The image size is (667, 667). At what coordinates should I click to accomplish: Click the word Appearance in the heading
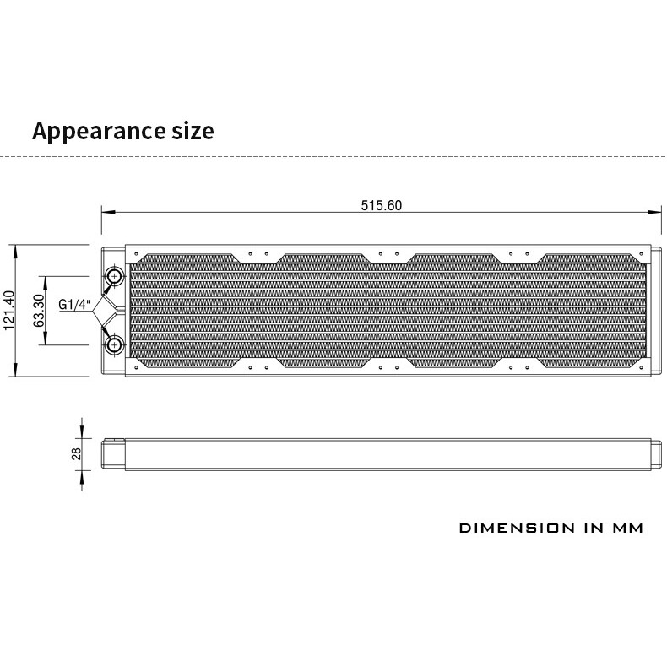pyautogui.click(x=99, y=132)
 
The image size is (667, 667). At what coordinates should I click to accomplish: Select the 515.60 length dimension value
pyautogui.click(x=381, y=205)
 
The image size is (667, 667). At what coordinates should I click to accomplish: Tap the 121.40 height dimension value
pyautogui.click(x=9, y=311)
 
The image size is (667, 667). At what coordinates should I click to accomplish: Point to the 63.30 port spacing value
pyautogui.click(x=39, y=311)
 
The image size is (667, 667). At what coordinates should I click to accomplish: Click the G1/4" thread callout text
pyautogui.click(x=75, y=305)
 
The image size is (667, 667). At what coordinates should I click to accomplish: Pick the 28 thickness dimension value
pyautogui.click(x=76, y=454)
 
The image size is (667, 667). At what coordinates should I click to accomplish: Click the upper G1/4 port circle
pyautogui.click(x=115, y=276)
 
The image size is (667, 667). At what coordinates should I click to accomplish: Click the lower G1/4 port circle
pyautogui.click(x=115, y=344)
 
